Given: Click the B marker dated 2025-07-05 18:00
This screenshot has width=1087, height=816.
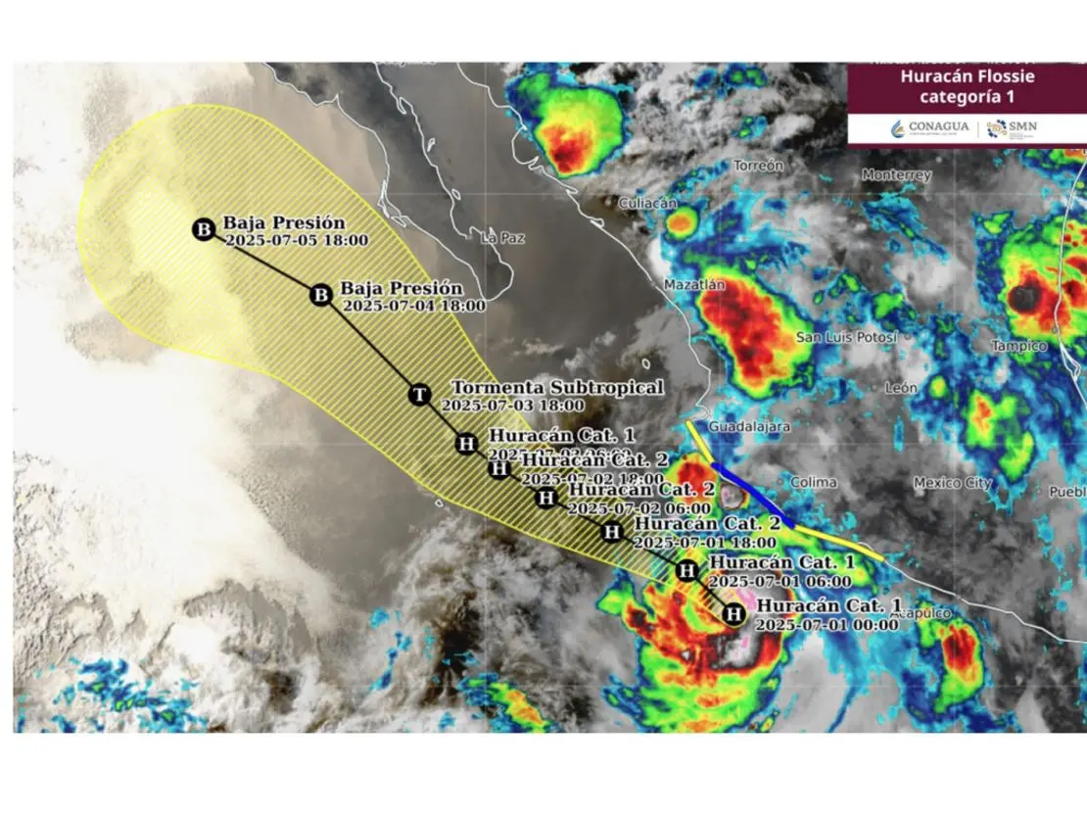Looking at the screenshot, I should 204,230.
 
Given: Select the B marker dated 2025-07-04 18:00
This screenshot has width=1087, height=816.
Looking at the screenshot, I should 320,294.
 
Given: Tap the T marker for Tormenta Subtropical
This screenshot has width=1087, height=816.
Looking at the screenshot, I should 419,395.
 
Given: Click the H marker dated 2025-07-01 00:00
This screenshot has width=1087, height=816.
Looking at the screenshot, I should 732,614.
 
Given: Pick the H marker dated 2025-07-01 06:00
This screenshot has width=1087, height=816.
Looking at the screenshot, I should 687,569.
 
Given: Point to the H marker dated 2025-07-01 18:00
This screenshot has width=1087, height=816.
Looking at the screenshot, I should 612,532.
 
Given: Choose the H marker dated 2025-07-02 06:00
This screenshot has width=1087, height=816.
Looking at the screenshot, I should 545,498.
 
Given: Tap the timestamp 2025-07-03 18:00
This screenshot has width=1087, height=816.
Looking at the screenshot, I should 513,406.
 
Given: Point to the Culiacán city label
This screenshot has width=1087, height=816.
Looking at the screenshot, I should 646,203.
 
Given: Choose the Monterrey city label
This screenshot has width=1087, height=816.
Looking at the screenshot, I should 896,175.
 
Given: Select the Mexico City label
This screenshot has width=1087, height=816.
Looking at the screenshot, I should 952,482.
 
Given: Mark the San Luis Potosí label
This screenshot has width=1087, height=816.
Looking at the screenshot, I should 846,337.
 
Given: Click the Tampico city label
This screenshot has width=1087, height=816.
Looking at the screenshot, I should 1018,346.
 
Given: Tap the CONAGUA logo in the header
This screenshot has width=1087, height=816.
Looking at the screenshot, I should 930,127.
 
